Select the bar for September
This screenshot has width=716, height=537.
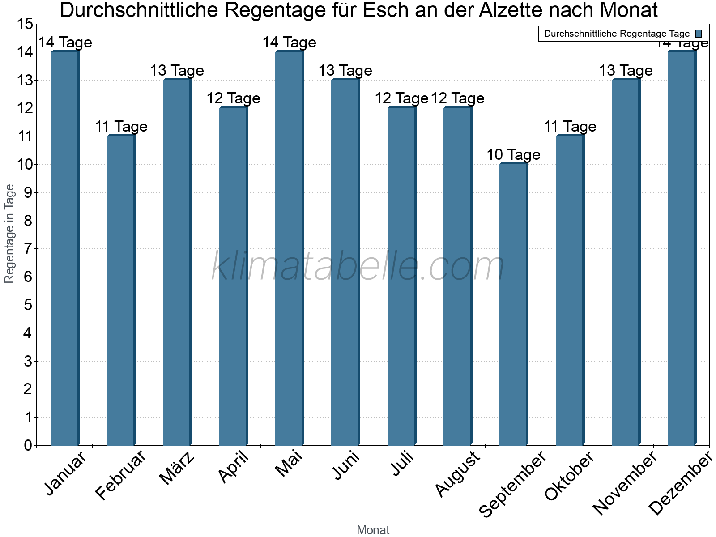tap(513, 304)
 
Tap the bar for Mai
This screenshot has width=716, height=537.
tap(289, 248)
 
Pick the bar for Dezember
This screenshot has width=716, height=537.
tap(682, 248)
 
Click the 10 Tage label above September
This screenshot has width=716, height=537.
tap(513, 155)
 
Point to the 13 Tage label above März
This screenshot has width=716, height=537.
tap(177, 71)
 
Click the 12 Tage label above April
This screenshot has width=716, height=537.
tap(233, 98)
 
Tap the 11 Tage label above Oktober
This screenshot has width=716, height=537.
tap(570, 127)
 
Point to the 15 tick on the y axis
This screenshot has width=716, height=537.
tap(25, 24)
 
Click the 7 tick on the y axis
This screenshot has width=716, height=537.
tap(28, 249)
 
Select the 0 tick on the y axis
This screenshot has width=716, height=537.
tap(28, 445)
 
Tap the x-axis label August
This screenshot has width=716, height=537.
tap(457, 473)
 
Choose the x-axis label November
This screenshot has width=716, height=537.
tap(625, 482)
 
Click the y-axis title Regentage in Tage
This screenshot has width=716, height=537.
tap(10, 234)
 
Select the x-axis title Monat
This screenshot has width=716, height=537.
tap(373, 530)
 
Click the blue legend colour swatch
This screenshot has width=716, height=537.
tap(699, 34)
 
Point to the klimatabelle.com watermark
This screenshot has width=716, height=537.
tap(358, 267)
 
